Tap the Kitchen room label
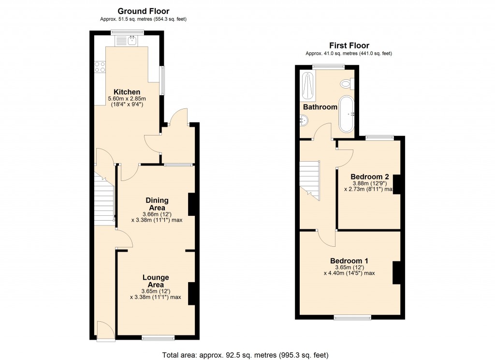pyautogui.click(x=127, y=92)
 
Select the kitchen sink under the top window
pyautogui.click(x=131, y=40)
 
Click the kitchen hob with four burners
pyautogui.click(x=101, y=67)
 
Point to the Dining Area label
pyautogui.click(x=158, y=204)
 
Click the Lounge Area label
pyautogui.click(x=155, y=281)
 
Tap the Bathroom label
pyautogui.click(x=320, y=107)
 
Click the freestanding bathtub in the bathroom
pyautogui.click(x=347, y=114)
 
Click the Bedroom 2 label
pyautogui.click(x=370, y=176)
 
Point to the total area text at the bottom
pyautogui.click(x=247, y=355)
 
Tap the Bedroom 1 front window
pyautogui.click(x=352, y=317)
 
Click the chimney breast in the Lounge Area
pyautogui.click(x=191, y=293)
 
